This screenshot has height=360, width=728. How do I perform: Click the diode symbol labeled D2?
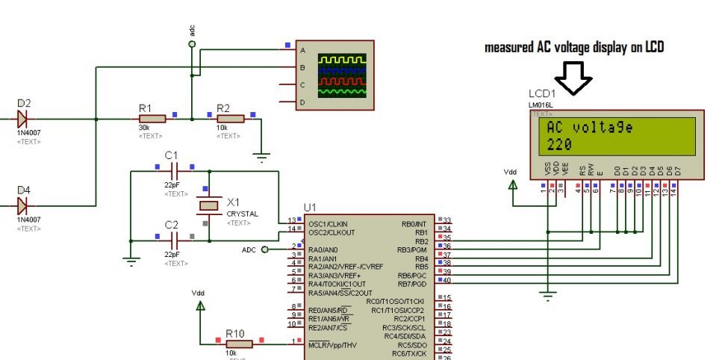(x=22, y=118)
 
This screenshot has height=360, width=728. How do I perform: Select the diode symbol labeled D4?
(x=22, y=204)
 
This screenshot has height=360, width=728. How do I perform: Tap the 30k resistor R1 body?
(x=153, y=118)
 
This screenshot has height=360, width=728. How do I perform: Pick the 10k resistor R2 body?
(x=231, y=118)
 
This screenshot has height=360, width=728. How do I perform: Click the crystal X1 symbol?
(x=210, y=205)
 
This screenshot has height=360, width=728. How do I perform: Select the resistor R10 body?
(x=240, y=344)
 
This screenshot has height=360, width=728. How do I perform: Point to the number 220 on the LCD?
(x=560, y=144)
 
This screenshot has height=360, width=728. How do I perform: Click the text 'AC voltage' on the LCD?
(x=590, y=128)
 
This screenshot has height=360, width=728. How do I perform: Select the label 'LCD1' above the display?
(x=542, y=94)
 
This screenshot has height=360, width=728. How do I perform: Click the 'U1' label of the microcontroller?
(x=311, y=207)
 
